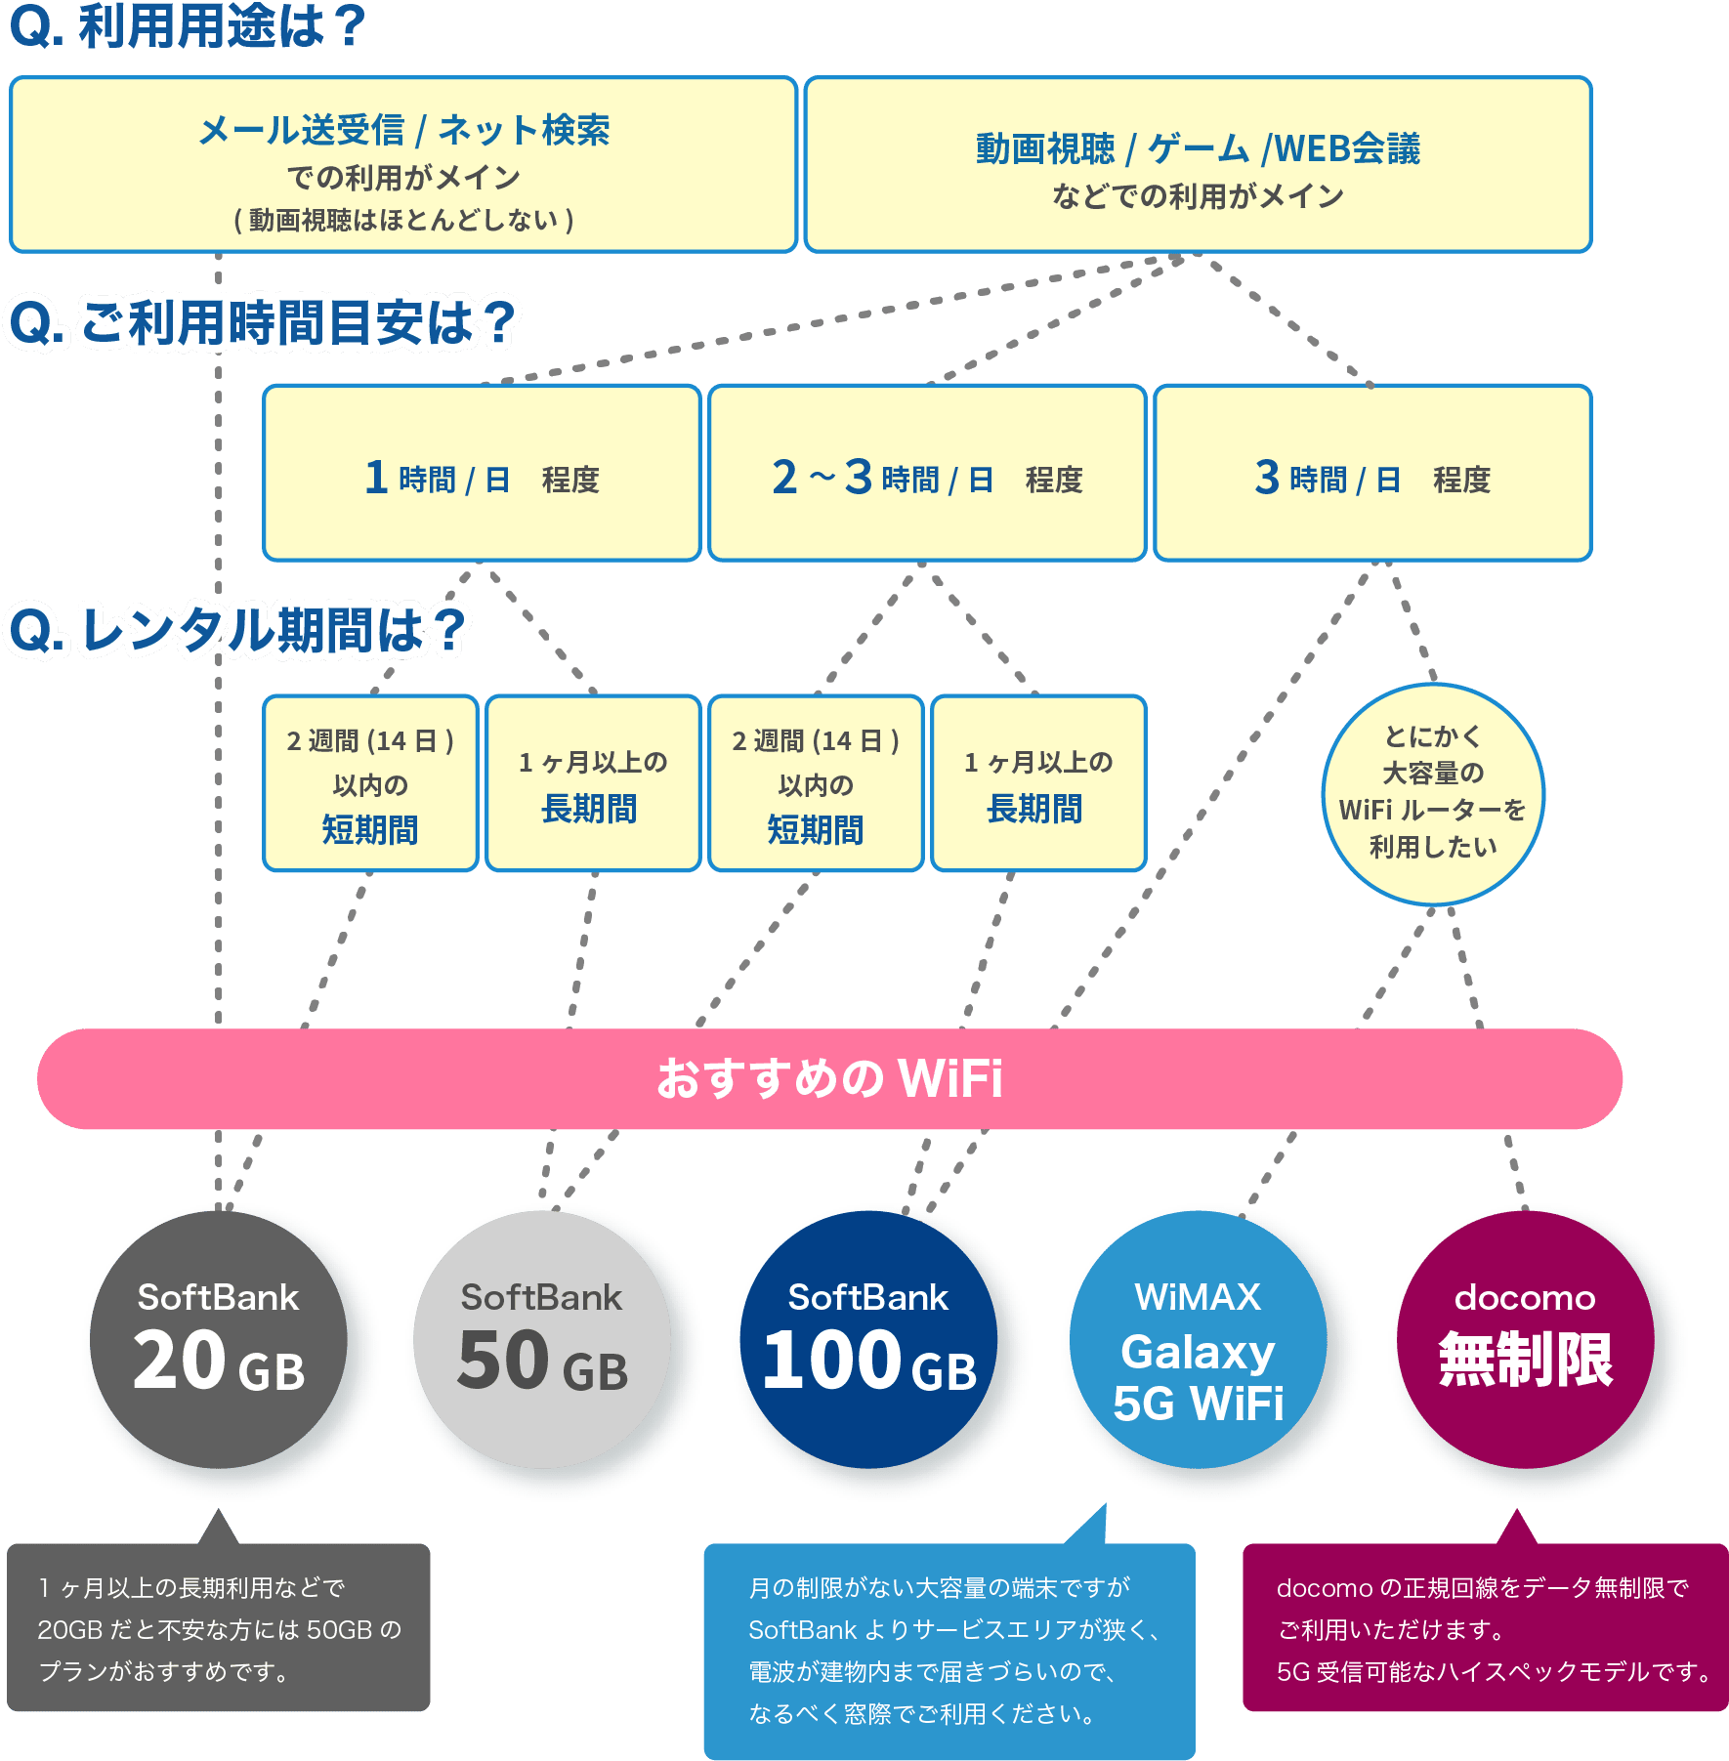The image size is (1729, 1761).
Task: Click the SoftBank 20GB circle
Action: [x=218, y=1339]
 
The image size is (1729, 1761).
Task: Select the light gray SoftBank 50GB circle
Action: [x=542, y=1339]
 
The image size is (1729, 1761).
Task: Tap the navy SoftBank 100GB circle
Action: [x=868, y=1339]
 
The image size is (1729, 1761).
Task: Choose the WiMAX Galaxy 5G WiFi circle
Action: [x=1199, y=1339]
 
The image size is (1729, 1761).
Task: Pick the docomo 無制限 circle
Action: [x=1526, y=1339]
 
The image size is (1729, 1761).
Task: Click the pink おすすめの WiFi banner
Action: [x=829, y=1078]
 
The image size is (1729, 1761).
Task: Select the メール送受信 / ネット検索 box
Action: [x=403, y=164]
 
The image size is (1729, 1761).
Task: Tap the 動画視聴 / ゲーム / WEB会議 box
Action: [x=1199, y=164]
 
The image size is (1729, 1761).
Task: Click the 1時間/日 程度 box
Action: [x=483, y=473]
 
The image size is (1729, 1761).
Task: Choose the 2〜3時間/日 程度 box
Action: [x=927, y=473]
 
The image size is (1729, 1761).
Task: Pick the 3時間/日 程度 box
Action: [x=1373, y=473]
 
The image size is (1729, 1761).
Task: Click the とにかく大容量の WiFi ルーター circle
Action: [x=1433, y=794]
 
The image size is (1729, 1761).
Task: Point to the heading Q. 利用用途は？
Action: [x=188, y=26]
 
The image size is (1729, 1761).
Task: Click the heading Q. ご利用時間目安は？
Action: [x=262, y=322]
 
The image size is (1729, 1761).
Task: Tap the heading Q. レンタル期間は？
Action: [x=237, y=630]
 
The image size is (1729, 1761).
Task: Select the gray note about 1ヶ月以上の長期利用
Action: [x=219, y=1626]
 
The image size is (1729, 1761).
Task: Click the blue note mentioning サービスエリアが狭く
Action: [x=949, y=1651]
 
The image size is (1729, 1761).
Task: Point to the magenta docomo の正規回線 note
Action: [x=1486, y=1626]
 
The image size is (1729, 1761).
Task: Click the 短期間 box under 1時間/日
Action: [x=370, y=783]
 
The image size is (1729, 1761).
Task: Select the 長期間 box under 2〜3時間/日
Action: [x=1038, y=783]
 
